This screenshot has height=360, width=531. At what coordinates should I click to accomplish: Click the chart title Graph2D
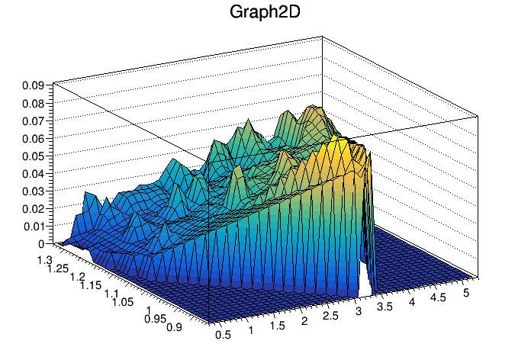[265, 13]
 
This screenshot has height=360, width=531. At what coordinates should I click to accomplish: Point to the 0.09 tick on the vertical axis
[31, 85]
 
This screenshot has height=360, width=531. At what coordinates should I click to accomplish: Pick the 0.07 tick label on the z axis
[31, 121]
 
